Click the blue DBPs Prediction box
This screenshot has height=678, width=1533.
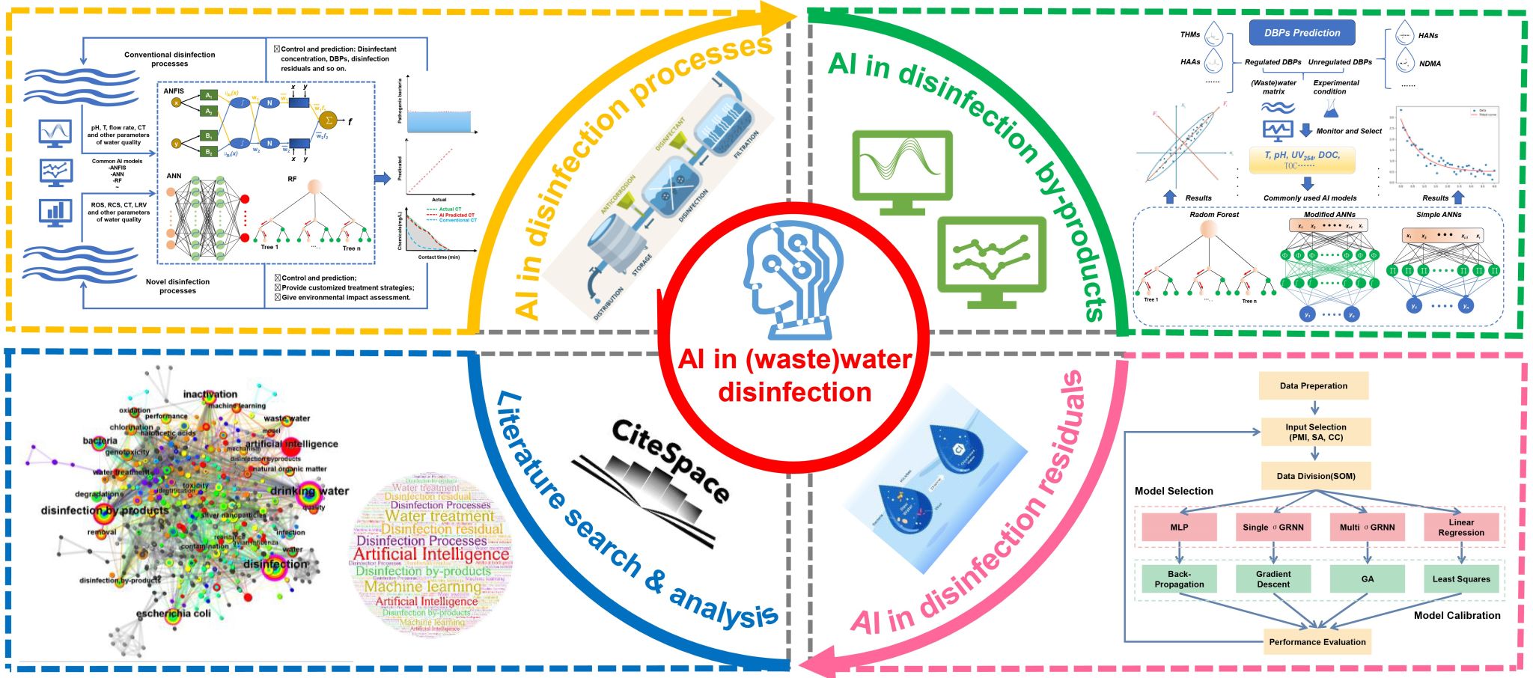point(1302,33)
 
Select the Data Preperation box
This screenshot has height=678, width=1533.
point(1313,386)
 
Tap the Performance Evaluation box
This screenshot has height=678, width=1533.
point(1317,642)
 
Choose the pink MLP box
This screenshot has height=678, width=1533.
point(1179,527)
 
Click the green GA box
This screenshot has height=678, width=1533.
point(1368,578)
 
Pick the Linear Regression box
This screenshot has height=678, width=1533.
point(1461,527)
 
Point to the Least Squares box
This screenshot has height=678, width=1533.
point(1461,578)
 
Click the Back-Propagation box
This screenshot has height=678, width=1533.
point(1179,578)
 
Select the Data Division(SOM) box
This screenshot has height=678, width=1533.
point(1315,476)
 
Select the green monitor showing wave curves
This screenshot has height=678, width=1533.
point(902,171)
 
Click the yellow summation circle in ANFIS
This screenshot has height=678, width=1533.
point(327,120)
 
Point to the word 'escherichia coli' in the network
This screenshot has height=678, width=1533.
point(173,614)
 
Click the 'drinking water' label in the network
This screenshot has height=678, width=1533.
point(309,491)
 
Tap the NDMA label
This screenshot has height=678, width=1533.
point(1430,64)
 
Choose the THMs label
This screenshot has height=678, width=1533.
point(1189,34)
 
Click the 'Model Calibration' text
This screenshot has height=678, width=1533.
point(1457,615)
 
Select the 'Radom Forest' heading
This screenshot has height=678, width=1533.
point(1213,215)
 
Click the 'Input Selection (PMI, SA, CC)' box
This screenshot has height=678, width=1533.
point(1315,432)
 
